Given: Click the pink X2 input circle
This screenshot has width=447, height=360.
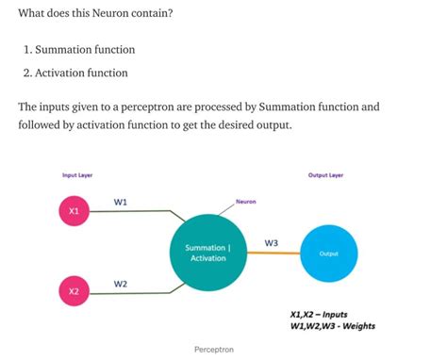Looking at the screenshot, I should pos(74,291).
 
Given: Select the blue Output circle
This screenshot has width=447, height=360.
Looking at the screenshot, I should pos(329,254).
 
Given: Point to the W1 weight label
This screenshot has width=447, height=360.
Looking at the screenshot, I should pos(121,202).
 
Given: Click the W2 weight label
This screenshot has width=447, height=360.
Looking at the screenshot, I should pos(121,283).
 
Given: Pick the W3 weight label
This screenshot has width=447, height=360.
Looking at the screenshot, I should pos(272,242).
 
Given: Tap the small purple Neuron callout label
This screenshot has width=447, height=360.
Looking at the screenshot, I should pos(246,202).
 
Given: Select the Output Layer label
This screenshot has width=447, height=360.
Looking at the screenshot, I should pos(326,175).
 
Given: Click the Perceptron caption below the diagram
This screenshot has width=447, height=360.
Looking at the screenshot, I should pos(214,350).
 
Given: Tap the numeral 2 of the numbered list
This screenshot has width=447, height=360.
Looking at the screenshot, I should pos(27,73).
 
